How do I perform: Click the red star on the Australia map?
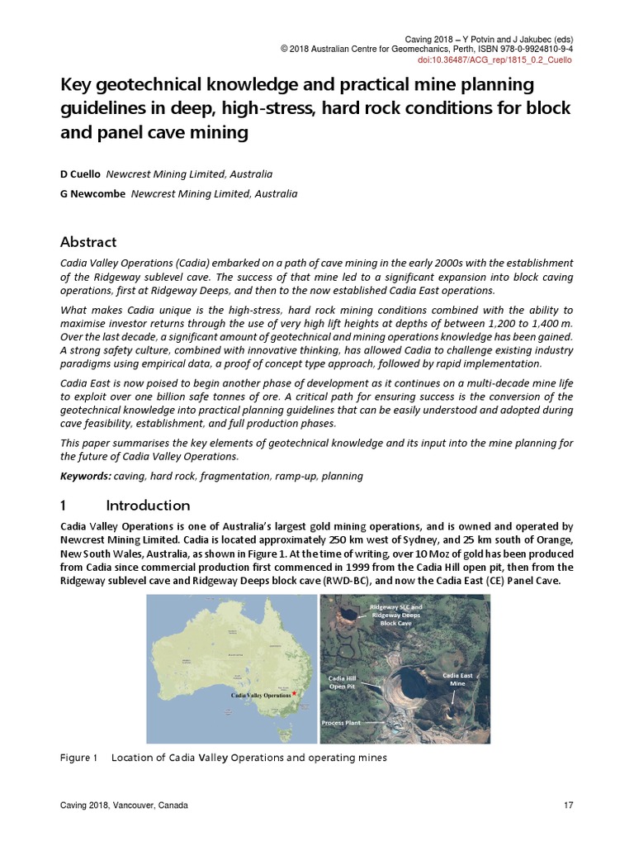(294, 694)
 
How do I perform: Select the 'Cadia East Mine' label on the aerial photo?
(457, 679)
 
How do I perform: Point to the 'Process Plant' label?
(340, 723)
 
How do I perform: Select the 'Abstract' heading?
(88, 242)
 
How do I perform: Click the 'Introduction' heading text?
(148, 505)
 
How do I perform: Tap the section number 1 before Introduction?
(64, 505)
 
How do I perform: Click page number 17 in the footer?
(568, 806)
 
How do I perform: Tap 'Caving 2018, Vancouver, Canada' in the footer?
(124, 806)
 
